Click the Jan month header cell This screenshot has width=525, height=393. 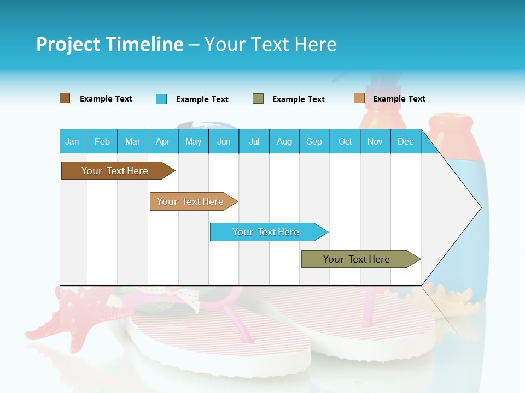pyautogui.click(x=72, y=141)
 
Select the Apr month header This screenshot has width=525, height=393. pyautogui.click(x=162, y=141)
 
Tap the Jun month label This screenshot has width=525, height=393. pyautogui.click(x=224, y=141)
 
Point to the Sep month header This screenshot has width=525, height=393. pyautogui.click(x=314, y=141)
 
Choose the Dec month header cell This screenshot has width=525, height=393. pyautogui.click(x=405, y=141)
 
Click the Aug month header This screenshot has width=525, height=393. pyautogui.click(x=284, y=141)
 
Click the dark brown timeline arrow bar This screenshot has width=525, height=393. pyautogui.click(x=115, y=171)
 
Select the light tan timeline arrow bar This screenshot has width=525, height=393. pyautogui.click(x=190, y=201)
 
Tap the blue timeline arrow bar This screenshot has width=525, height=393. pyautogui.click(x=266, y=232)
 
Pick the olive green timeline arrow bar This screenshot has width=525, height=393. pyautogui.click(x=357, y=259)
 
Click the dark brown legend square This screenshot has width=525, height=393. pyautogui.click(x=65, y=98)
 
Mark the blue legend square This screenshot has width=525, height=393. pyautogui.click(x=161, y=99)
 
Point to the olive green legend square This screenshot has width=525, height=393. pyautogui.click(x=258, y=99)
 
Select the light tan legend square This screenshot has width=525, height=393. pyautogui.click(x=359, y=98)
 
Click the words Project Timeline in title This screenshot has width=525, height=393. pyautogui.click(x=109, y=44)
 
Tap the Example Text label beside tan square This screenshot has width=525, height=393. pyautogui.click(x=399, y=99)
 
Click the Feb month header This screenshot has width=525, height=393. pyautogui.click(x=102, y=141)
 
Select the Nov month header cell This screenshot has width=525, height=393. pyautogui.click(x=375, y=141)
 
